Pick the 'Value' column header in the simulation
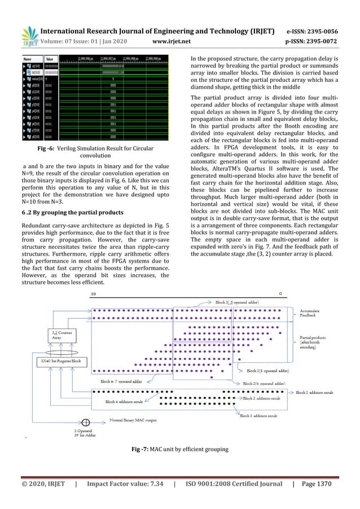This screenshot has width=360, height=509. click(x=50, y=58)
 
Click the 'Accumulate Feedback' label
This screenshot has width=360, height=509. click(x=311, y=314)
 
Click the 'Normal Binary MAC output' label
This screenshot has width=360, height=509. click(x=134, y=421)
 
